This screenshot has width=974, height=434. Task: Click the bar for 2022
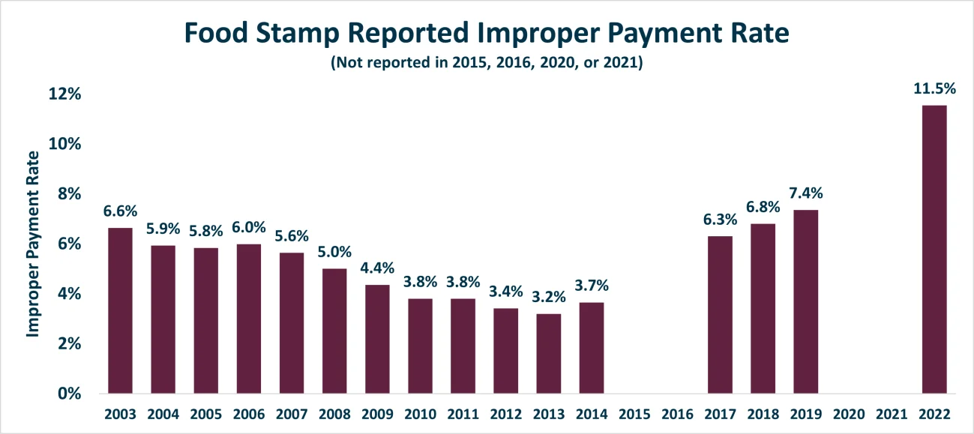[x=934, y=250]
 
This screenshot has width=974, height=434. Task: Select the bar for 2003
[x=121, y=311]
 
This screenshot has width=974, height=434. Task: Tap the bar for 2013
[x=549, y=354]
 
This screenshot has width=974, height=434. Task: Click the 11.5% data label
[x=934, y=88]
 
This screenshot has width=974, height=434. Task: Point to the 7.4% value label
[x=806, y=193]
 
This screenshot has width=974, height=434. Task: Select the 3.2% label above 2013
[x=549, y=297]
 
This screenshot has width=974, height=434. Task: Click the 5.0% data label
[x=334, y=252]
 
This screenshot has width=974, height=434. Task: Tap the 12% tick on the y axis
[x=66, y=94]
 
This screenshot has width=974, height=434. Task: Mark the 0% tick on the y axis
[x=70, y=394]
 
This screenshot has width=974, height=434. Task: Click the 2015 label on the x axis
[x=634, y=415]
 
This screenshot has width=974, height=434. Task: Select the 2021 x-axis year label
[x=892, y=415]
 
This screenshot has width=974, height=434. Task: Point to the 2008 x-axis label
[x=334, y=415]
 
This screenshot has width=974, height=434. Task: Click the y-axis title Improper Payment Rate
[x=33, y=244]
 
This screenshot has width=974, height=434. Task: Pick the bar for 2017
[x=721, y=315]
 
